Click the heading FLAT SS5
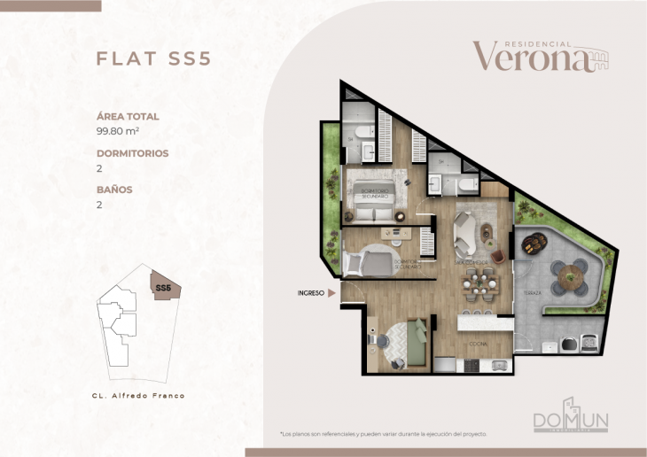click(152, 59)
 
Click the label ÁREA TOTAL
click(128, 116)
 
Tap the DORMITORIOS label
click(132, 153)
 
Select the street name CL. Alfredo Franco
click(138, 395)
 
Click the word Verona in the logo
click(530, 57)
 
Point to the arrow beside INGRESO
click(331, 291)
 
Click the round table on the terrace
click(567, 278)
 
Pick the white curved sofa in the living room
click(464, 233)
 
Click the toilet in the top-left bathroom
click(353, 136)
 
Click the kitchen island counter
click(484, 323)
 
